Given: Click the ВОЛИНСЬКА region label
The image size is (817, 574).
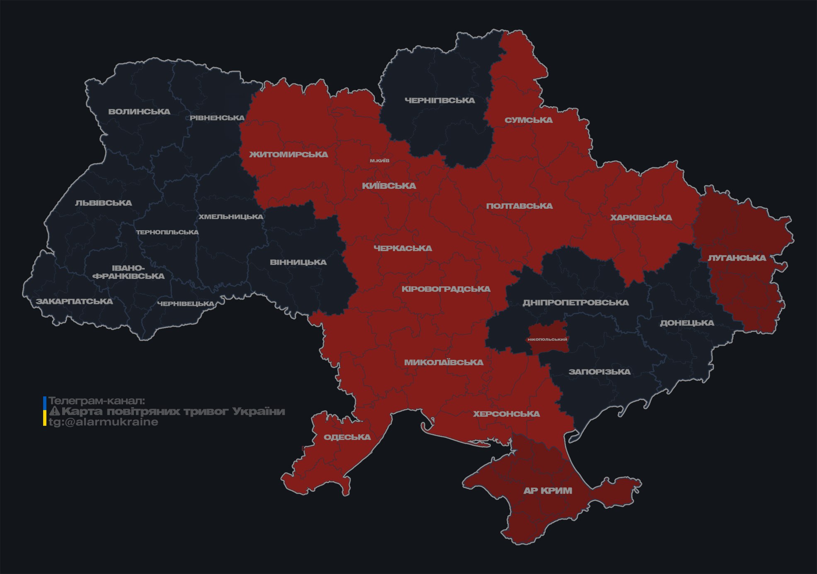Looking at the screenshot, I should [x=139, y=112].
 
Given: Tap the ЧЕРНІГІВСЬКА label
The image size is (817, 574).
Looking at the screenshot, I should [x=439, y=100].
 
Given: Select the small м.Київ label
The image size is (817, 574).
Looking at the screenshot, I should [x=380, y=161].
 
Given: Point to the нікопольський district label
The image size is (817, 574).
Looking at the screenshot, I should [x=547, y=339].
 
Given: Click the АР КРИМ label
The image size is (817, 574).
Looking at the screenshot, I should [x=548, y=491].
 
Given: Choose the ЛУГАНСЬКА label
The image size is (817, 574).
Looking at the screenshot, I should [x=737, y=258].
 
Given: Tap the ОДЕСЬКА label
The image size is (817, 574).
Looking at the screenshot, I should [x=347, y=437].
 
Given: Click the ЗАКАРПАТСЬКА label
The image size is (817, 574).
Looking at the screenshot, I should [x=74, y=301].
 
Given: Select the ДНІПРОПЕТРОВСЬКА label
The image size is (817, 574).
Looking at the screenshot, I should [x=575, y=303].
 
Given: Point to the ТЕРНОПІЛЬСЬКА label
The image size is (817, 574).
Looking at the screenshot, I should [x=167, y=232].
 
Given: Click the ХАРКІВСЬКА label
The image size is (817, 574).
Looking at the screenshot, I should [x=641, y=217].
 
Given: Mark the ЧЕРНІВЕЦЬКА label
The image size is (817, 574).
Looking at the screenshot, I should [x=186, y=304].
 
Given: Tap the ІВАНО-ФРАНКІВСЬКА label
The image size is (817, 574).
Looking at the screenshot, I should [x=128, y=272].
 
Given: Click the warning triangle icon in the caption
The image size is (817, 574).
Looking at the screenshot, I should [x=55, y=411].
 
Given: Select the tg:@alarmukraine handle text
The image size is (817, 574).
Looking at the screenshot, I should [x=103, y=422].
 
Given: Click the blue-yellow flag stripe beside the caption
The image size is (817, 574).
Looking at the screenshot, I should [x=45, y=411].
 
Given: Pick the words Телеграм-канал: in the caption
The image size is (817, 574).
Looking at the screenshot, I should [x=97, y=401].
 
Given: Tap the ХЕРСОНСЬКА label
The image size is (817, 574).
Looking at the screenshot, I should [x=506, y=414].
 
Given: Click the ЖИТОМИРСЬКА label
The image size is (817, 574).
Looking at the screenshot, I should [x=288, y=154].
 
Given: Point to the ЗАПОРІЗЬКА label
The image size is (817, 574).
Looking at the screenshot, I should [x=599, y=372].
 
